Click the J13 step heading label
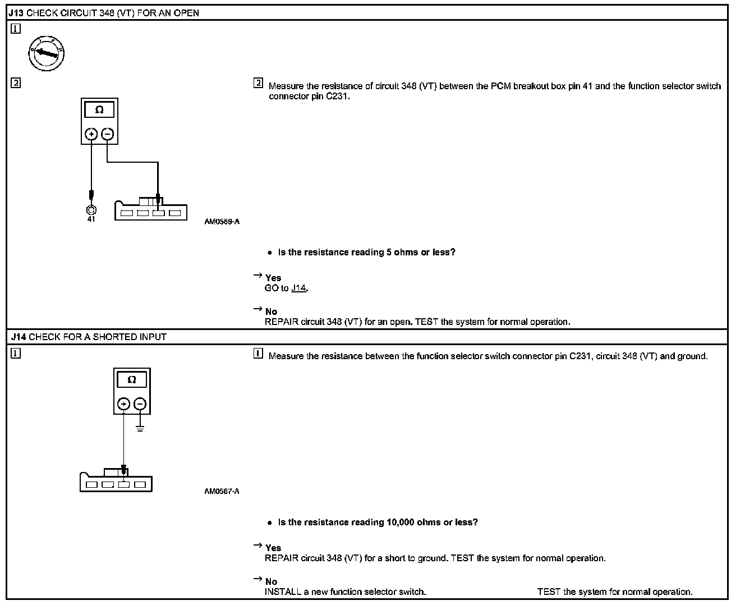(x=16, y=13)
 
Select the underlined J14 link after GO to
(x=299, y=288)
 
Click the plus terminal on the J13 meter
(x=91, y=134)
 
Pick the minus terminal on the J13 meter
(x=108, y=134)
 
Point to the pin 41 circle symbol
(x=91, y=210)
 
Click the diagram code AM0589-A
(x=222, y=222)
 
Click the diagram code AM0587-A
(x=222, y=492)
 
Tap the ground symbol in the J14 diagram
(x=140, y=429)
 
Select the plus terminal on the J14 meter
(x=123, y=404)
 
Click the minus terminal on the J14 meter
(x=140, y=404)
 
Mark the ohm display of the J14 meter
(x=132, y=380)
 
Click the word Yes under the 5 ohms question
(x=273, y=278)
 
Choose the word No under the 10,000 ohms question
(x=271, y=581)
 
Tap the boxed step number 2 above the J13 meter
(x=16, y=83)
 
